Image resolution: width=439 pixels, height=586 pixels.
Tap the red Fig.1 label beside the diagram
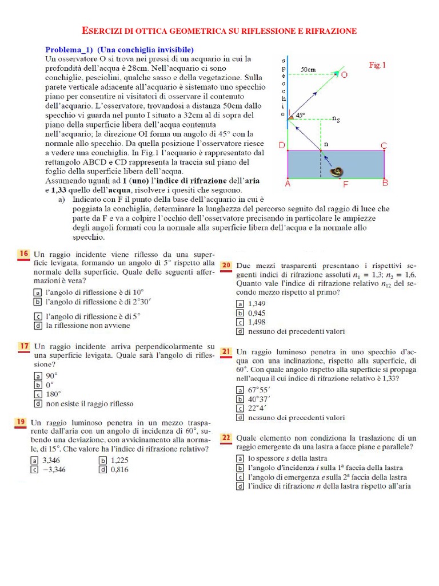(377, 66)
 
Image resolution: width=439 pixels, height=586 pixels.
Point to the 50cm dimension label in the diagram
(309, 69)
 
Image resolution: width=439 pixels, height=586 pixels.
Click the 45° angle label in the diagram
(300, 115)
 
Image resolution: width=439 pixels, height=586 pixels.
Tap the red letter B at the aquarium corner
(385, 184)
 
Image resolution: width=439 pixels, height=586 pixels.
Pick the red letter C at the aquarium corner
(384, 145)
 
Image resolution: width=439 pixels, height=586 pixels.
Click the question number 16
(23, 253)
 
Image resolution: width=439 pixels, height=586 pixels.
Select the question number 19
(20, 422)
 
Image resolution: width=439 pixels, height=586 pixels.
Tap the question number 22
(226, 438)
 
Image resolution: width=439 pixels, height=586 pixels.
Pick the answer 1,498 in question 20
(257, 322)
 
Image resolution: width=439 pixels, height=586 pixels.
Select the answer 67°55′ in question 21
(260, 389)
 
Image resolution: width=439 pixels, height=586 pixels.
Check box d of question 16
(38, 326)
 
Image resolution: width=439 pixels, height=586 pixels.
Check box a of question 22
(241, 458)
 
